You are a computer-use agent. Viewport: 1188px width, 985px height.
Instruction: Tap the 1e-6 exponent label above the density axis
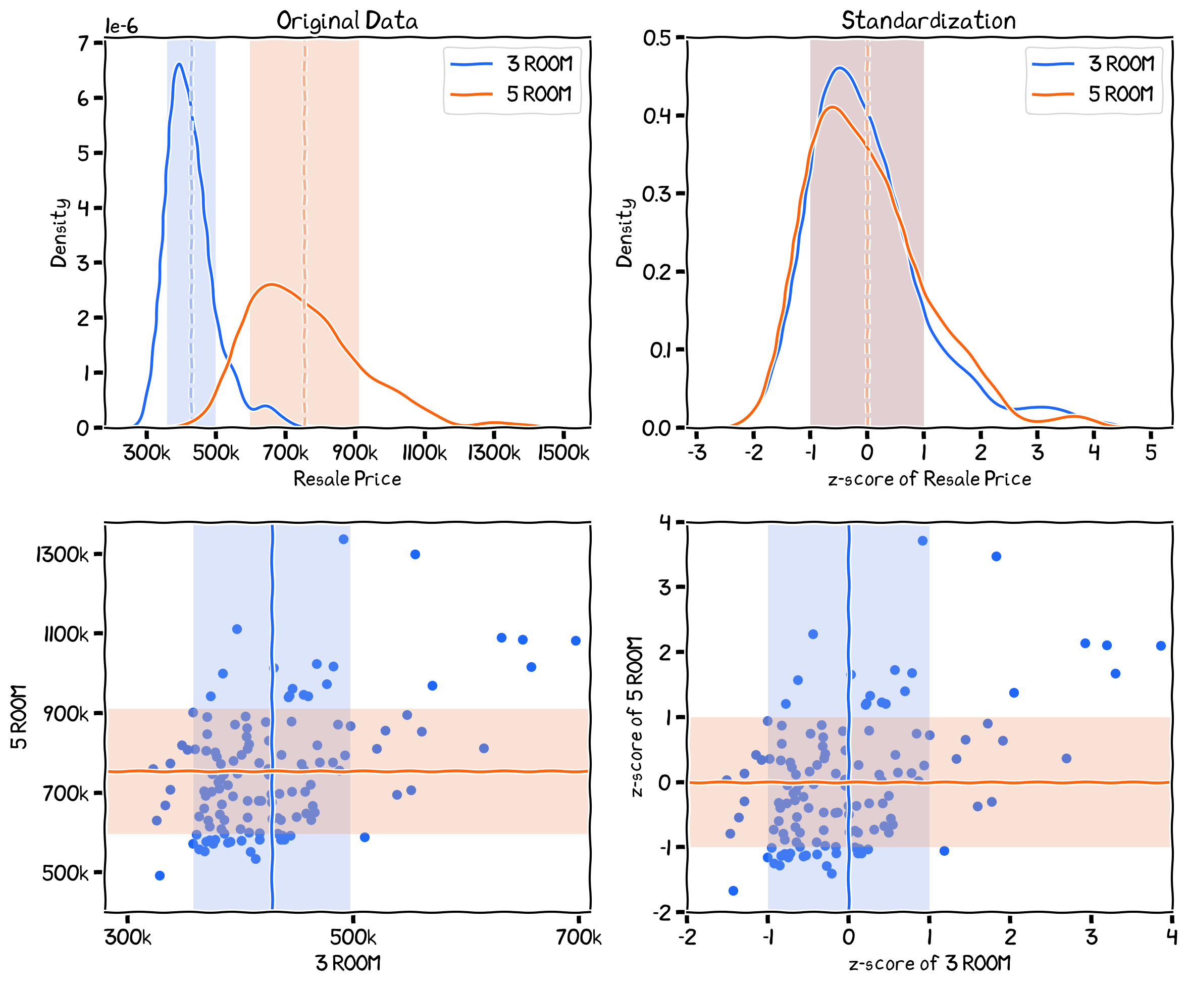point(122,26)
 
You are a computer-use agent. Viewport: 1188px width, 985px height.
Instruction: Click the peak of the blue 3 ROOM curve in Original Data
point(179,64)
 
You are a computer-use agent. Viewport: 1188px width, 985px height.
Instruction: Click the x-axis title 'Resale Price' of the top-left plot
point(347,479)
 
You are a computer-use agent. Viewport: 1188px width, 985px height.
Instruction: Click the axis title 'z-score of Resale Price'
point(929,479)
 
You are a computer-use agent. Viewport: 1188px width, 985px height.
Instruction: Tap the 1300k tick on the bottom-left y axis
point(62,554)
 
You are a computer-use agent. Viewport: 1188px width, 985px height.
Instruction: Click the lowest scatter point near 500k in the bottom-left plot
point(160,876)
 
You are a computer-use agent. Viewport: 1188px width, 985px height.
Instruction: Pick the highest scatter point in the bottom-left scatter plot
point(343,539)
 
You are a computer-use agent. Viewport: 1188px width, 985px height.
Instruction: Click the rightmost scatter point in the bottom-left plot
point(576,641)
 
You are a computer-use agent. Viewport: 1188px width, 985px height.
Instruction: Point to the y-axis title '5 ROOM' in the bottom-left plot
point(19,717)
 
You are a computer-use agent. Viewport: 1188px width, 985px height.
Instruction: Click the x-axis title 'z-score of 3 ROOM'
point(929,963)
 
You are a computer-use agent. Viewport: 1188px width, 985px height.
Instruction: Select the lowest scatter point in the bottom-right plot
point(733,891)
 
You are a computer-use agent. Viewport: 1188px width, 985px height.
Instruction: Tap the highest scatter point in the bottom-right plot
point(922,540)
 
